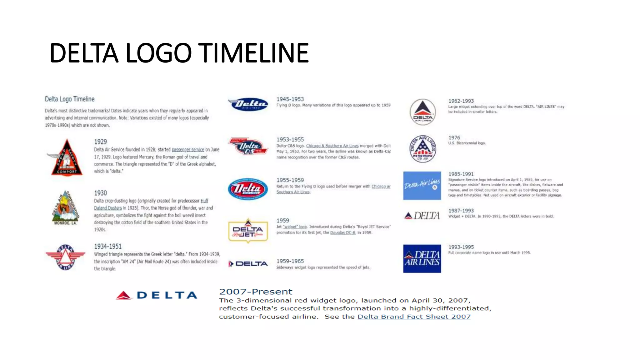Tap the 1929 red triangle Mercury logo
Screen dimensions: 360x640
click(66, 158)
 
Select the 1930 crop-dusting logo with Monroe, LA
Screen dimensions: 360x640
click(66, 208)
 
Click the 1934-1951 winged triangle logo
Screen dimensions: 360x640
click(65, 257)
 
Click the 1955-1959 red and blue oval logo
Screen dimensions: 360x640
click(248, 189)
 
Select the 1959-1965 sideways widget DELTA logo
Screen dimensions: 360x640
click(248, 264)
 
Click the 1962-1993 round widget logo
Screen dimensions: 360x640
click(422, 112)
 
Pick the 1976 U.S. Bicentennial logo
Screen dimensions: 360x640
click(422, 149)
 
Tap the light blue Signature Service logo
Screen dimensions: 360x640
click(422, 186)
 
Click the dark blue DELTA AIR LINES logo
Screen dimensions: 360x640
click(422, 258)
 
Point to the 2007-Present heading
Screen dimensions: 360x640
click(256, 292)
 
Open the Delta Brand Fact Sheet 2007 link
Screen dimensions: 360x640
click(414, 317)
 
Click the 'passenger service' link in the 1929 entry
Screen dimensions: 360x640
click(188, 150)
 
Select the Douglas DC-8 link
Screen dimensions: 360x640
click(342, 232)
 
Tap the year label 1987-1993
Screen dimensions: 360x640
click(461, 211)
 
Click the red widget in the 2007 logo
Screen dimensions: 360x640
click(124, 295)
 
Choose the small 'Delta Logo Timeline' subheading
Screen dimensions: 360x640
click(70, 99)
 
